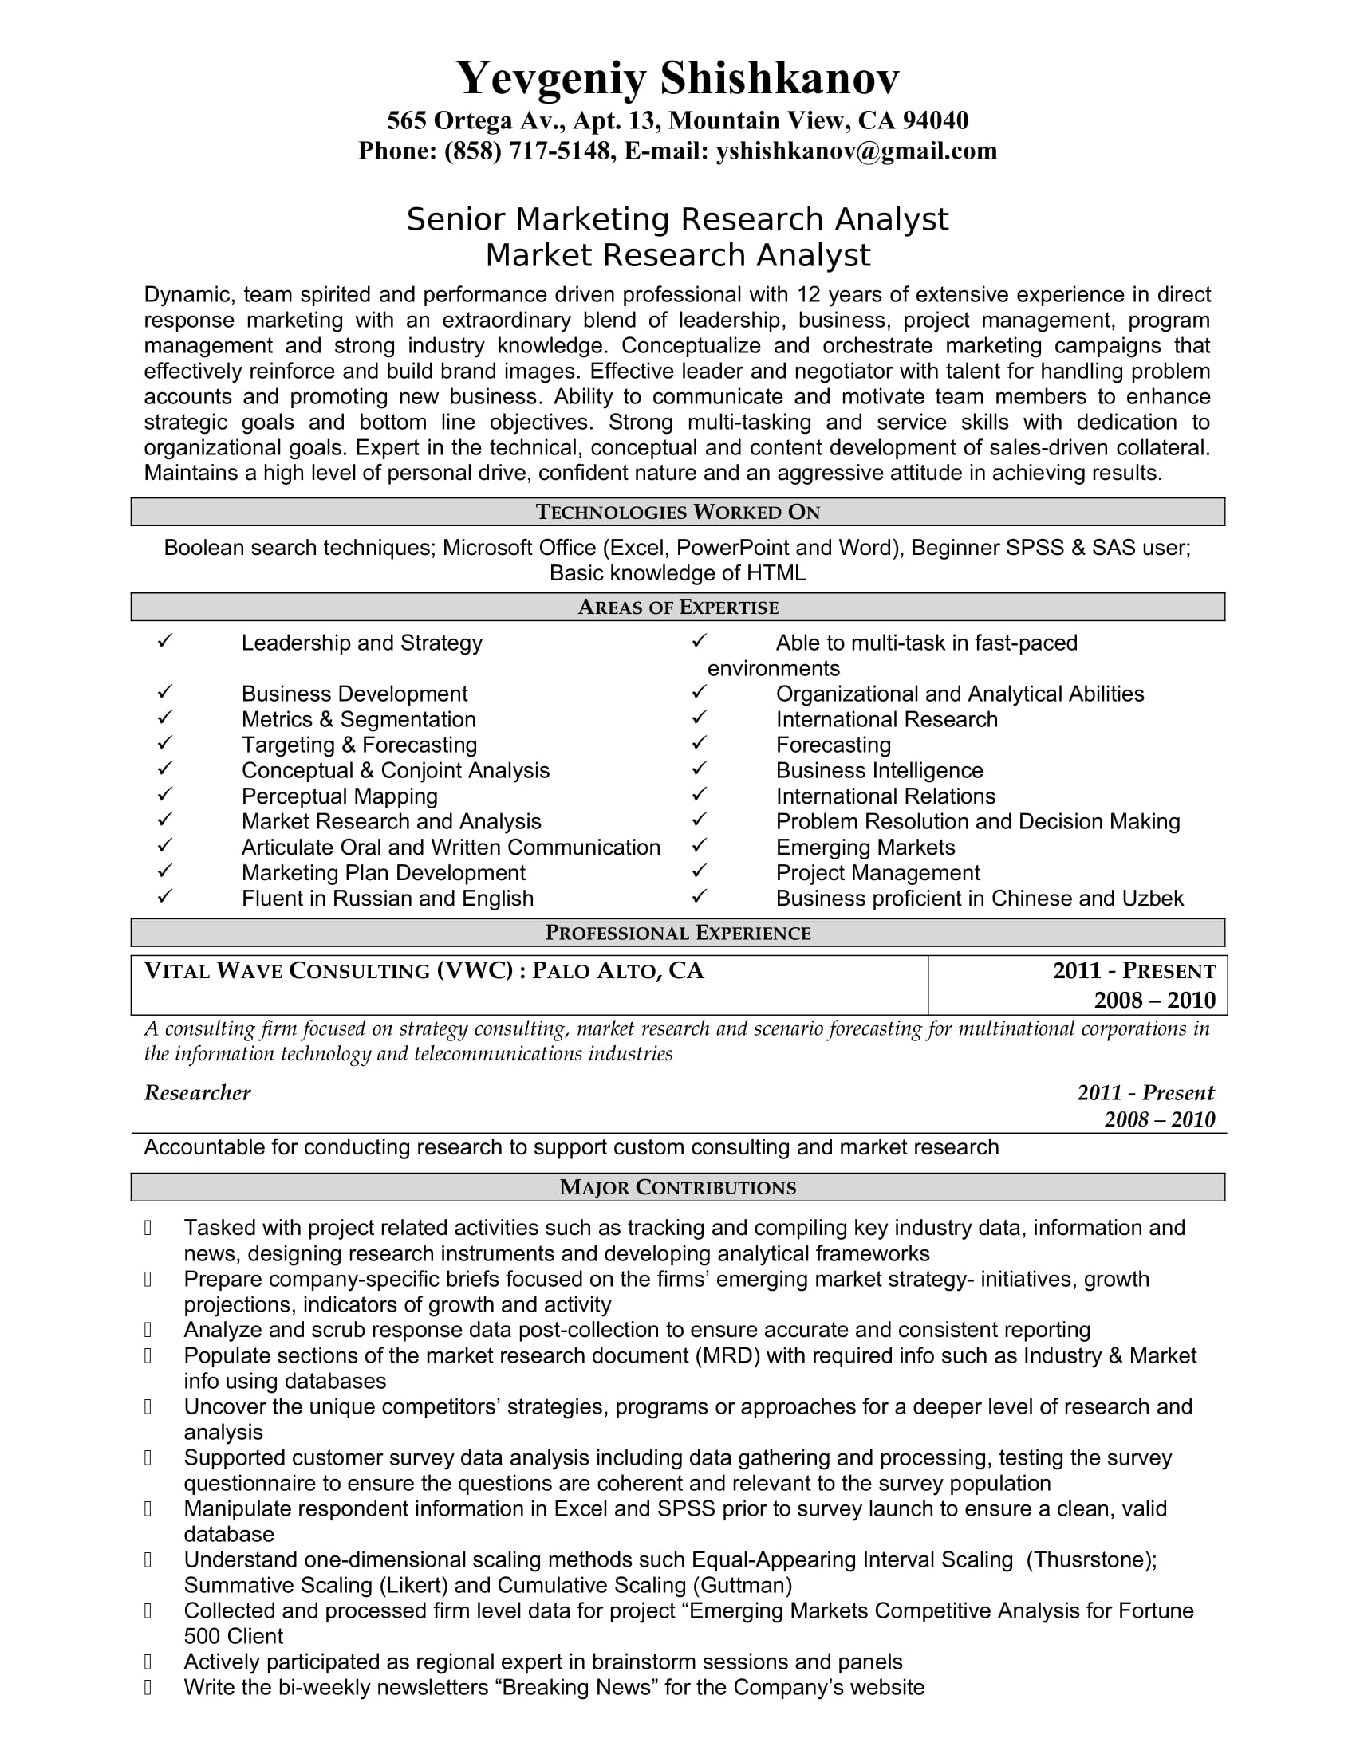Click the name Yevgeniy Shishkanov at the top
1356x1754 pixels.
point(677,78)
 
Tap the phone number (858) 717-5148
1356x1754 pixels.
point(527,151)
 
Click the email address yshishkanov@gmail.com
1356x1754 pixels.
point(857,151)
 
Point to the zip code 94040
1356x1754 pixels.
point(935,120)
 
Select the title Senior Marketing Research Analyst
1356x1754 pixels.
point(677,219)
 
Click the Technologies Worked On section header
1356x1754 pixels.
point(677,513)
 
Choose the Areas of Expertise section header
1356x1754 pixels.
point(677,608)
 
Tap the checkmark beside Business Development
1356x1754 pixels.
point(164,691)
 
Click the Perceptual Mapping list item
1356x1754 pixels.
point(339,796)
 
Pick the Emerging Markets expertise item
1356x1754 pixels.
point(865,848)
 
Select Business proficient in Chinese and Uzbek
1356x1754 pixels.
point(980,898)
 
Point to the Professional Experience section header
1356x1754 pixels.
point(677,933)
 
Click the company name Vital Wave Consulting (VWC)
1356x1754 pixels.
point(328,971)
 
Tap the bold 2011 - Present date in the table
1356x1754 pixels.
point(1133,971)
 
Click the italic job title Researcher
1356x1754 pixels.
point(198,1093)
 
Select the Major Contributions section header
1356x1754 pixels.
point(677,1187)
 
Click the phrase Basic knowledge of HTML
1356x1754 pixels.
point(677,572)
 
